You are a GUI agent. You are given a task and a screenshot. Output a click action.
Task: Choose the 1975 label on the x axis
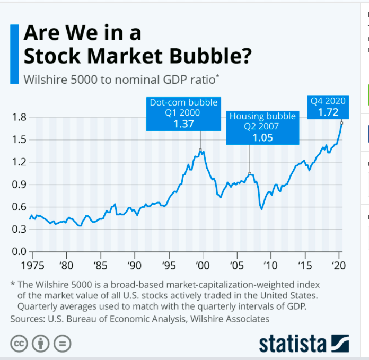(29, 265)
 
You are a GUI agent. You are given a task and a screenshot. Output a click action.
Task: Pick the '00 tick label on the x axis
(203, 265)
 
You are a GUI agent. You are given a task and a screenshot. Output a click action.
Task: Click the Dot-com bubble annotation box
(183, 113)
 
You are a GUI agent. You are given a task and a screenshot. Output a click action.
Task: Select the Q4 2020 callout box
(328, 107)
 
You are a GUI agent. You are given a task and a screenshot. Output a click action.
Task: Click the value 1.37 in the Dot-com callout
(183, 125)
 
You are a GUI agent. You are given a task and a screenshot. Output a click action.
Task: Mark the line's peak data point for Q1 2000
(200, 150)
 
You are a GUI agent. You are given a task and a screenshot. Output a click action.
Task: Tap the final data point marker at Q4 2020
(342, 123)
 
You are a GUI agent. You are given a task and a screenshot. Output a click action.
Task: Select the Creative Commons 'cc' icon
(19, 344)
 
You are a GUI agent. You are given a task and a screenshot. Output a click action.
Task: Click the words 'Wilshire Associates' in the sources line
(231, 319)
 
